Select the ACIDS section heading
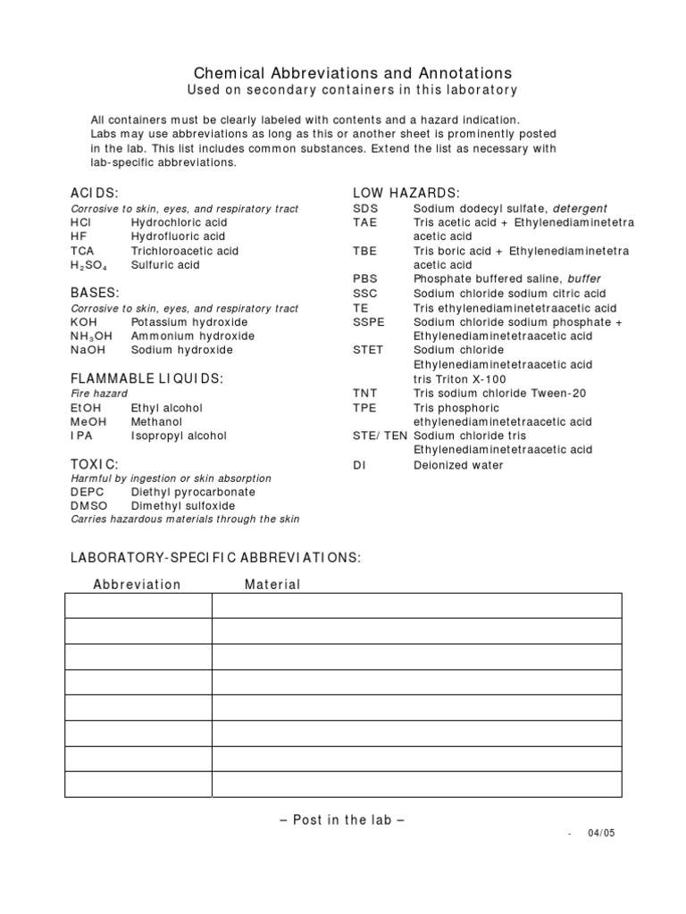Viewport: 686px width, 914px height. [x=95, y=193]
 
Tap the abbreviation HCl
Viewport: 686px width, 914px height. [x=82, y=222]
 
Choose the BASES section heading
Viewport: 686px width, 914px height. [x=95, y=293]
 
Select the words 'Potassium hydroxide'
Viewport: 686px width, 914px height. [x=189, y=322]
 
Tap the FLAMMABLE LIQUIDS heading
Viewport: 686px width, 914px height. [x=146, y=378]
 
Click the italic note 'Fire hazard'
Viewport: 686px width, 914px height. [x=99, y=394]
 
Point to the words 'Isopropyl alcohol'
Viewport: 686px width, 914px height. [x=179, y=436]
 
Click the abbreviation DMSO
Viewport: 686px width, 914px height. [x=88, y=506]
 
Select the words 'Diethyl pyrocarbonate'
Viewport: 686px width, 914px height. [x=193, y=492]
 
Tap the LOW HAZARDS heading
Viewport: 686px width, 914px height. [x=406, y=193]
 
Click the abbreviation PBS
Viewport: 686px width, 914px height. [x=365, y=279]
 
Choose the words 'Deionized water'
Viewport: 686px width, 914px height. [x=458, y=465]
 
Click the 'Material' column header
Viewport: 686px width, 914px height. [x=272, y=585]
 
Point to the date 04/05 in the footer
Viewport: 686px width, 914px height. [x=601, y=833]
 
